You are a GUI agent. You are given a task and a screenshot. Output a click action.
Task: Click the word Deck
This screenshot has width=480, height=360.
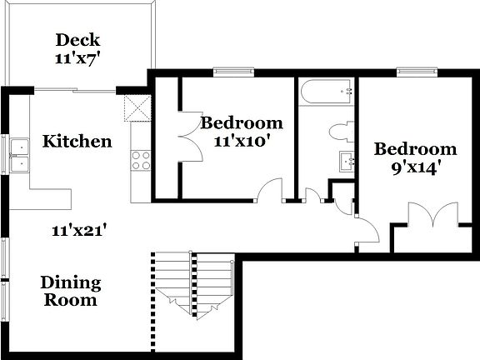(78, 39)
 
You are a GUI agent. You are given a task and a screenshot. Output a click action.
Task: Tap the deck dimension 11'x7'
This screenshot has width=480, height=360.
(78, 57)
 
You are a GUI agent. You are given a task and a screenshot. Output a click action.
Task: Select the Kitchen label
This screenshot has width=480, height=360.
(77, 141)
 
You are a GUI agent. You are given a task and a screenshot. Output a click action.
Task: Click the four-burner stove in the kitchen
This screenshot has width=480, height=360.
(141, 160)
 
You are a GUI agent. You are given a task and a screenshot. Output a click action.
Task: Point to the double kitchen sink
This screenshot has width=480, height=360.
(18, 155)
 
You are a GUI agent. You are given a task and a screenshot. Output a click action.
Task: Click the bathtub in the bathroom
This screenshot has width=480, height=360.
(327, 92)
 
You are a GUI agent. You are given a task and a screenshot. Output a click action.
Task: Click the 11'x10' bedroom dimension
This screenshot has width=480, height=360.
(242, 141)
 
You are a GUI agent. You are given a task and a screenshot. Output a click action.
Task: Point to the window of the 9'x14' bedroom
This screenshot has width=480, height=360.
(413, 71)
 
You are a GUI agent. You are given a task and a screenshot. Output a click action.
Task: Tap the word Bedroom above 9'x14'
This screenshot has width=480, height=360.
(415, 149)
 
